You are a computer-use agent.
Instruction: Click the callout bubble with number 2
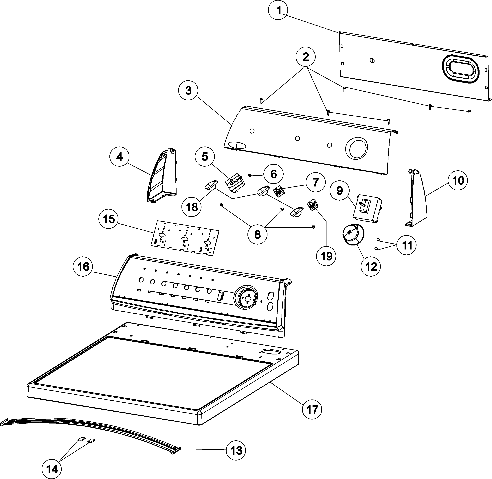[x=306, y=57]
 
